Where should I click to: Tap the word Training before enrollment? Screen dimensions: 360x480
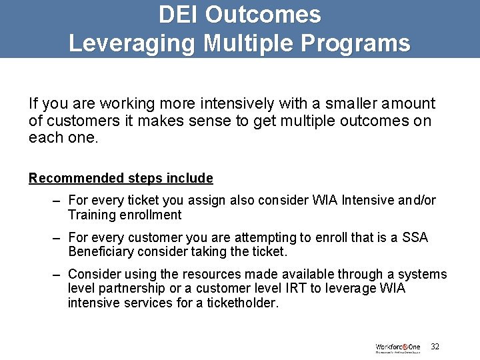[91, 215]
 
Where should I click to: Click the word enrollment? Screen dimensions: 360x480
[151, 215]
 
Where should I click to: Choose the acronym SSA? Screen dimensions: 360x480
[415, 237]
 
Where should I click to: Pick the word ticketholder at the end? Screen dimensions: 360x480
[244, 302]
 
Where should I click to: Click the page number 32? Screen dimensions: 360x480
[435, 347]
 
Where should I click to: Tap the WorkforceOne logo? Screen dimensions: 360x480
[398, 348]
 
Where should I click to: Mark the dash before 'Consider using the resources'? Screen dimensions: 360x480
[59, 274]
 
